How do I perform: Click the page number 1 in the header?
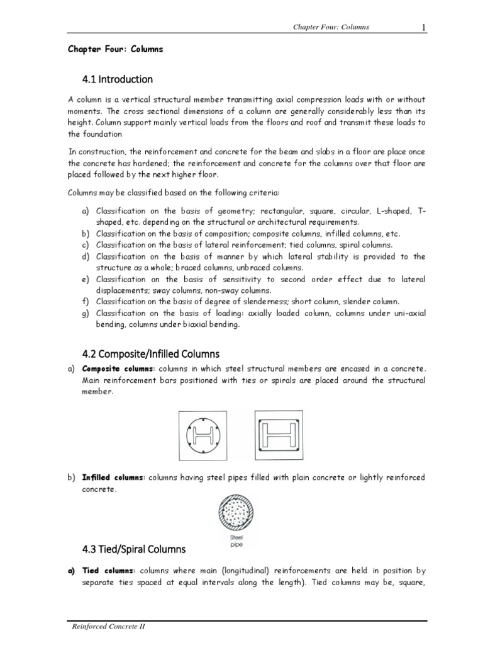[424, 26]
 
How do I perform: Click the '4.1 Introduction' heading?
[118, 79]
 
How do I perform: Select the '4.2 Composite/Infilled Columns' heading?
[150, 353]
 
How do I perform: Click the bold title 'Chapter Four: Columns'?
[115, 49]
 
